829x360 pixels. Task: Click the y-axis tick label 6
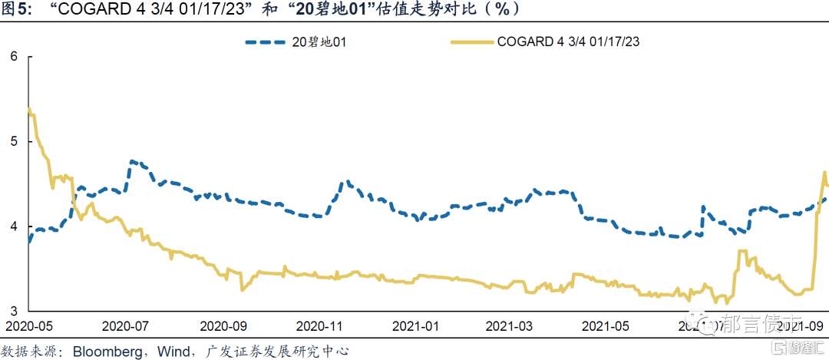(x=13, y=56)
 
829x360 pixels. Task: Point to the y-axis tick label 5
(x=13, y=142)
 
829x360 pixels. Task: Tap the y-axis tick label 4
(x=13, y=226)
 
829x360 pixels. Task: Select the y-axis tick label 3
(x=13, y=311)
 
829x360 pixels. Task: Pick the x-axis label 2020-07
(x=124, y=326)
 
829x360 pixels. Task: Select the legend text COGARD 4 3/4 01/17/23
(x=569, y=42)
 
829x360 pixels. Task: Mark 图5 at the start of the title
(x=16, y=9)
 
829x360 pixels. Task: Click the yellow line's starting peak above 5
(x=29, y=109)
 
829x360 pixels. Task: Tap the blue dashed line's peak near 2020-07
(x=133, y=161)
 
